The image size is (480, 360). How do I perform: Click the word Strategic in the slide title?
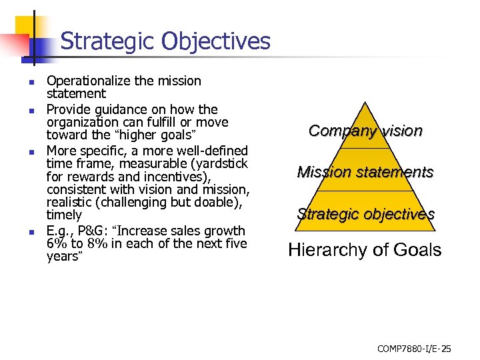point(105,41)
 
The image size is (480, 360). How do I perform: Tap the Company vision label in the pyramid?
point(365,131)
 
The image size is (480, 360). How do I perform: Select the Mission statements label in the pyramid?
point(365,172)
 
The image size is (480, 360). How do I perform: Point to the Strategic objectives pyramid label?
point(366,214)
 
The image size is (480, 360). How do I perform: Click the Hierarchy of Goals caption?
point(365,250)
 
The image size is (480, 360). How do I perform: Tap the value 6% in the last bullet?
point(55,244)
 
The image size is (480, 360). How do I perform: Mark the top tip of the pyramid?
point(365,102)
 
